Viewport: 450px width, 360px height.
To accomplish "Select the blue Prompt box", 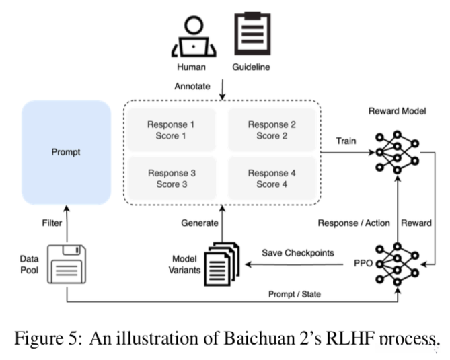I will (x=66, y=152).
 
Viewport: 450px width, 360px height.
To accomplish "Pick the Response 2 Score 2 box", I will (x=272, y=130).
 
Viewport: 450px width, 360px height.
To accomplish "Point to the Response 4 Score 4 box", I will (x=272, y=178).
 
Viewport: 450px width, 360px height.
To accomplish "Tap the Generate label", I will (x=200, y=223).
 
